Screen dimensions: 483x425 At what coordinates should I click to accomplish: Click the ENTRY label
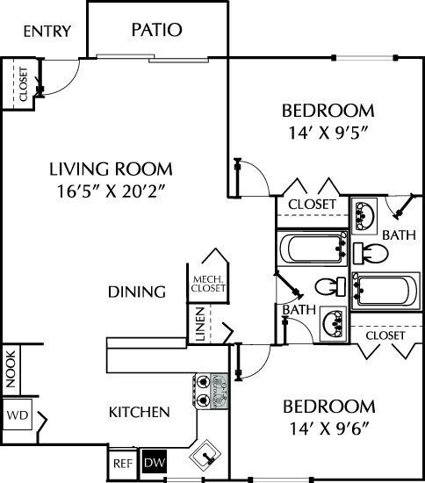tap(47, 32)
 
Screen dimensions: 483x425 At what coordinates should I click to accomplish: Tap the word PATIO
tap(156, 30)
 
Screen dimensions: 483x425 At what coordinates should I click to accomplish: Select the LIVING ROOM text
tap(110, 169)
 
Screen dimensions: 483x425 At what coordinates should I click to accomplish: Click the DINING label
tap(137, 292)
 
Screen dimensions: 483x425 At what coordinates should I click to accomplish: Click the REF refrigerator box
tap(121, 461)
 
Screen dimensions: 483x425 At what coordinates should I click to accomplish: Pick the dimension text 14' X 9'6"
tap(328, 430)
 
